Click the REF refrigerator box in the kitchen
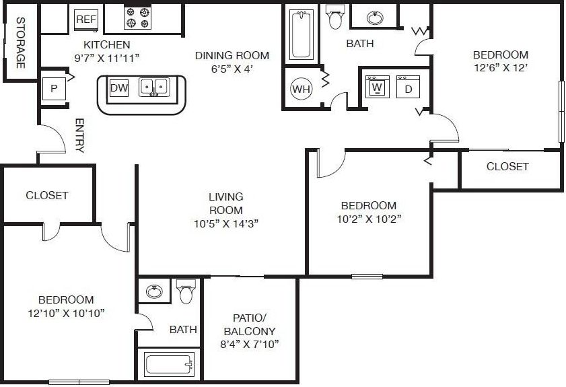click(x=85, y=20)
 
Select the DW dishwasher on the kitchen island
click(x=118, y=88)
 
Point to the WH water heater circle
click(x=300, y=87)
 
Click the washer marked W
click(x=376, y=87)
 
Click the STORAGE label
click(x=20, y=42)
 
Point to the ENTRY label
click(x=79, y=136)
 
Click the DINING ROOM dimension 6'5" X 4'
click(x=232, y=69)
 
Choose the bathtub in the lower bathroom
click(x=170, y=365)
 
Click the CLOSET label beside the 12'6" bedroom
click(x=507, y=166)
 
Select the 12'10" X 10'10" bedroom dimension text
click(x=65, y=312)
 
